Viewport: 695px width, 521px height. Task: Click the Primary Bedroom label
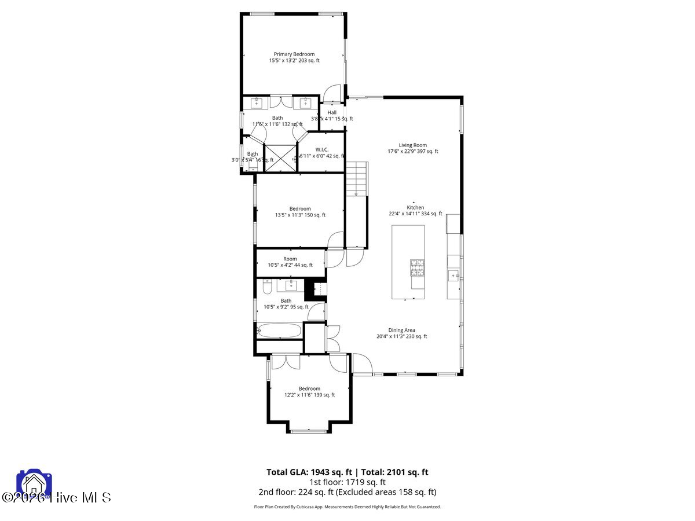(294, 57)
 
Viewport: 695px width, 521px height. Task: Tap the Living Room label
(412, 148)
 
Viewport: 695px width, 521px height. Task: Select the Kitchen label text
(415, 210)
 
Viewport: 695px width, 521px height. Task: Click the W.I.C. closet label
(322, 152)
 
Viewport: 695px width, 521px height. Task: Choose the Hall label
(332, 115)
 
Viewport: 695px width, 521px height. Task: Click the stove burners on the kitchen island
(418, 267)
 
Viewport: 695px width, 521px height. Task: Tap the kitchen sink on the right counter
(453, 274)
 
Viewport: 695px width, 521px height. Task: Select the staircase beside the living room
(357, 179)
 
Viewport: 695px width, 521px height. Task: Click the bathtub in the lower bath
(279, 331)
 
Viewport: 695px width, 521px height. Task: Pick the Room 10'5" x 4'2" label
(290, 262)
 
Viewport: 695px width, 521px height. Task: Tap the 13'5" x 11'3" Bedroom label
(300, 212)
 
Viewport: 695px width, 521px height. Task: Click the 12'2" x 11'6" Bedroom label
(309, 392)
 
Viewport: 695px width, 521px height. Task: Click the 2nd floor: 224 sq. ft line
(347, 492)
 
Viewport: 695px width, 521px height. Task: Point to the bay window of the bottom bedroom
(308, 430)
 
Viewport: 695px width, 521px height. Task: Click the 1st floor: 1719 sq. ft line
(347, 482)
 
